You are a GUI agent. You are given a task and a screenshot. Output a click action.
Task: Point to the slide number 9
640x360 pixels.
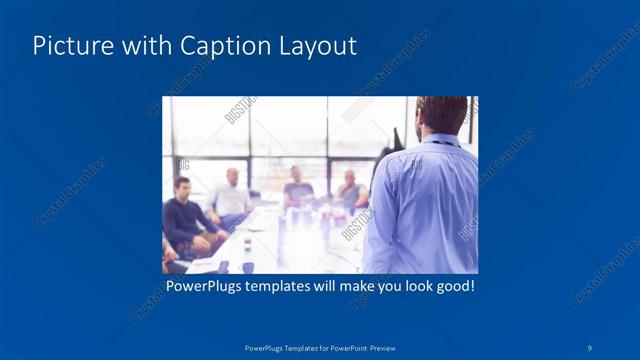click(x=591, y=348)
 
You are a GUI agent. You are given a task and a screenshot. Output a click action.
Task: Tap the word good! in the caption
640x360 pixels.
click(x=451, y=287)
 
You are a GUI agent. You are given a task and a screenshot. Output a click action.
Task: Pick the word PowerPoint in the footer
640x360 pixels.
click(x=344, y=348)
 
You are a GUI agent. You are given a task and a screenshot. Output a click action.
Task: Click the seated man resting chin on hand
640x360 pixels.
click(x=350, y=189)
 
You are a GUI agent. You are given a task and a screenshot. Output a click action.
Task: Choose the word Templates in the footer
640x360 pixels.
click(x=290, y=348)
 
